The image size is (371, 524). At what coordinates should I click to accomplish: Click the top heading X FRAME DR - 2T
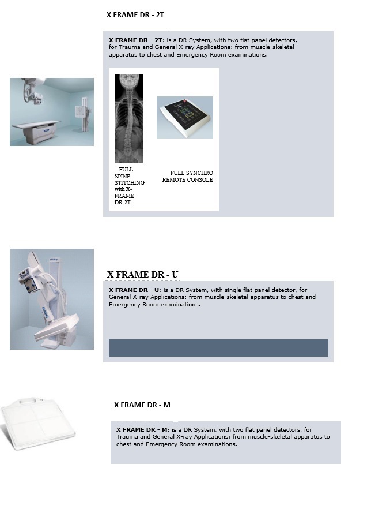coord(135,14)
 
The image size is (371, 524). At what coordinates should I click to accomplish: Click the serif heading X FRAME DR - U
coord(142,275)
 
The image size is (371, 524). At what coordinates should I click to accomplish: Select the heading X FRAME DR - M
coord(142,405)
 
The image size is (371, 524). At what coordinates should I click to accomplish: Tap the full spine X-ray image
coord(129,118)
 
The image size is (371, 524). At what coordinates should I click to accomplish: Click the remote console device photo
coord(185,117)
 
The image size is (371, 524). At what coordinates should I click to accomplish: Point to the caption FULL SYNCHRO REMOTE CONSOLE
coord(187,176)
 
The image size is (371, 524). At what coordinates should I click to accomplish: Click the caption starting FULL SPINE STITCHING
coord(129,186)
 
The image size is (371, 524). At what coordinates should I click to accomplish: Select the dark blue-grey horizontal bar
coord(218,348)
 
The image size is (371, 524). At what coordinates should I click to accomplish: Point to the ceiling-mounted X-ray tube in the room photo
coord(33,91)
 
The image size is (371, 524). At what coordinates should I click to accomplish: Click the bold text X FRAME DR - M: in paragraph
coord(143,429)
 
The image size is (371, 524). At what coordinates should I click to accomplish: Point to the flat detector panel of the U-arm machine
coord(56,327)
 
